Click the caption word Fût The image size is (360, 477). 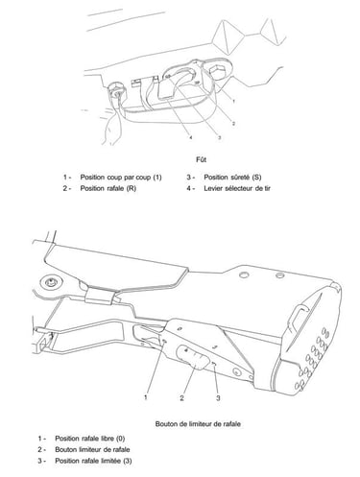tap(201, 159)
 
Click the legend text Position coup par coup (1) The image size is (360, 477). tap(121, 178)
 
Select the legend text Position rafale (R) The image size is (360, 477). tap(108, 188)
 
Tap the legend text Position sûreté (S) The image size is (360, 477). tap(232, 178)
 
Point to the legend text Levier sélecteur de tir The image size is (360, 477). tap(237, 188)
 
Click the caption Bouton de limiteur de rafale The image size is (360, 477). tap(198, 424)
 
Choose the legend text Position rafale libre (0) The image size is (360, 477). tap(90, 439)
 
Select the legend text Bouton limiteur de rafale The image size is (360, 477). tap(92, 449)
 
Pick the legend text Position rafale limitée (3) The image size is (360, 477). tap(93, 461)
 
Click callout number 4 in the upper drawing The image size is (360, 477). tap(191, 137)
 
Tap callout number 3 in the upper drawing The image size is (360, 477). tap(219, 137)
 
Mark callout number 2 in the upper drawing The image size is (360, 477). tap(233, 124)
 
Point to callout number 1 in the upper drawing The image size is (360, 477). tap(233, 102)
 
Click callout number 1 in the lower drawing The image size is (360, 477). tap(146, 397)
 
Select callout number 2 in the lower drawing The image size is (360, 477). tap(181, 398)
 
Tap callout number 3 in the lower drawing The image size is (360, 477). tap(218, 398)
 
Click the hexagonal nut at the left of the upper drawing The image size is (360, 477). tap(116, 91)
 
